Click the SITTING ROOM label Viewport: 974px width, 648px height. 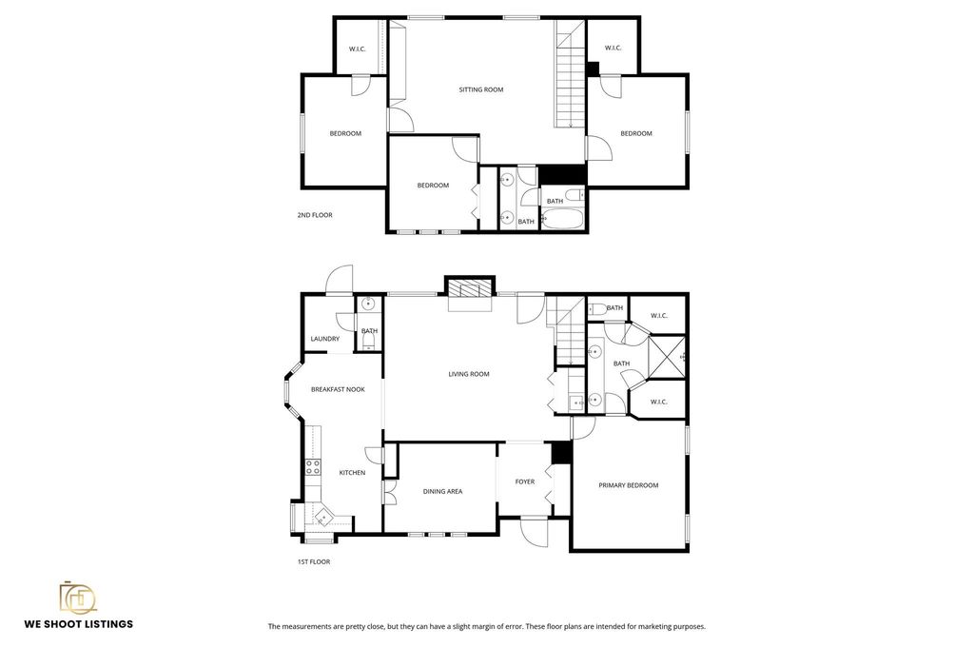[480, 89]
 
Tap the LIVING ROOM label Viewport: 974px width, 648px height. [468, 374]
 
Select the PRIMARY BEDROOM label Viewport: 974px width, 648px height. [628, 485]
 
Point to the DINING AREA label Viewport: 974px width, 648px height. [442, 491]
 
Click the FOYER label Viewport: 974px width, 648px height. [524, 481]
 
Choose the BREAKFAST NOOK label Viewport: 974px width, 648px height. [338, 389]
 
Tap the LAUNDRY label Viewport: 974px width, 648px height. [325, 339]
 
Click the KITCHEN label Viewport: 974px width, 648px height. [352, 472]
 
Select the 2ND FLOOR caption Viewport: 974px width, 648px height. [315, 215]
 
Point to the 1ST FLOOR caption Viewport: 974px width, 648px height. [314, 561]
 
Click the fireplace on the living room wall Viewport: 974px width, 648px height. [471, 289]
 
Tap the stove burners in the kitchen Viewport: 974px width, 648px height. [312, 466]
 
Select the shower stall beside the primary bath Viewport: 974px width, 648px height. [668, 358]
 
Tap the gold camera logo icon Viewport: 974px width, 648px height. [78, 597]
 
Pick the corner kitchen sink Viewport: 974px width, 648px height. [322, 518]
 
